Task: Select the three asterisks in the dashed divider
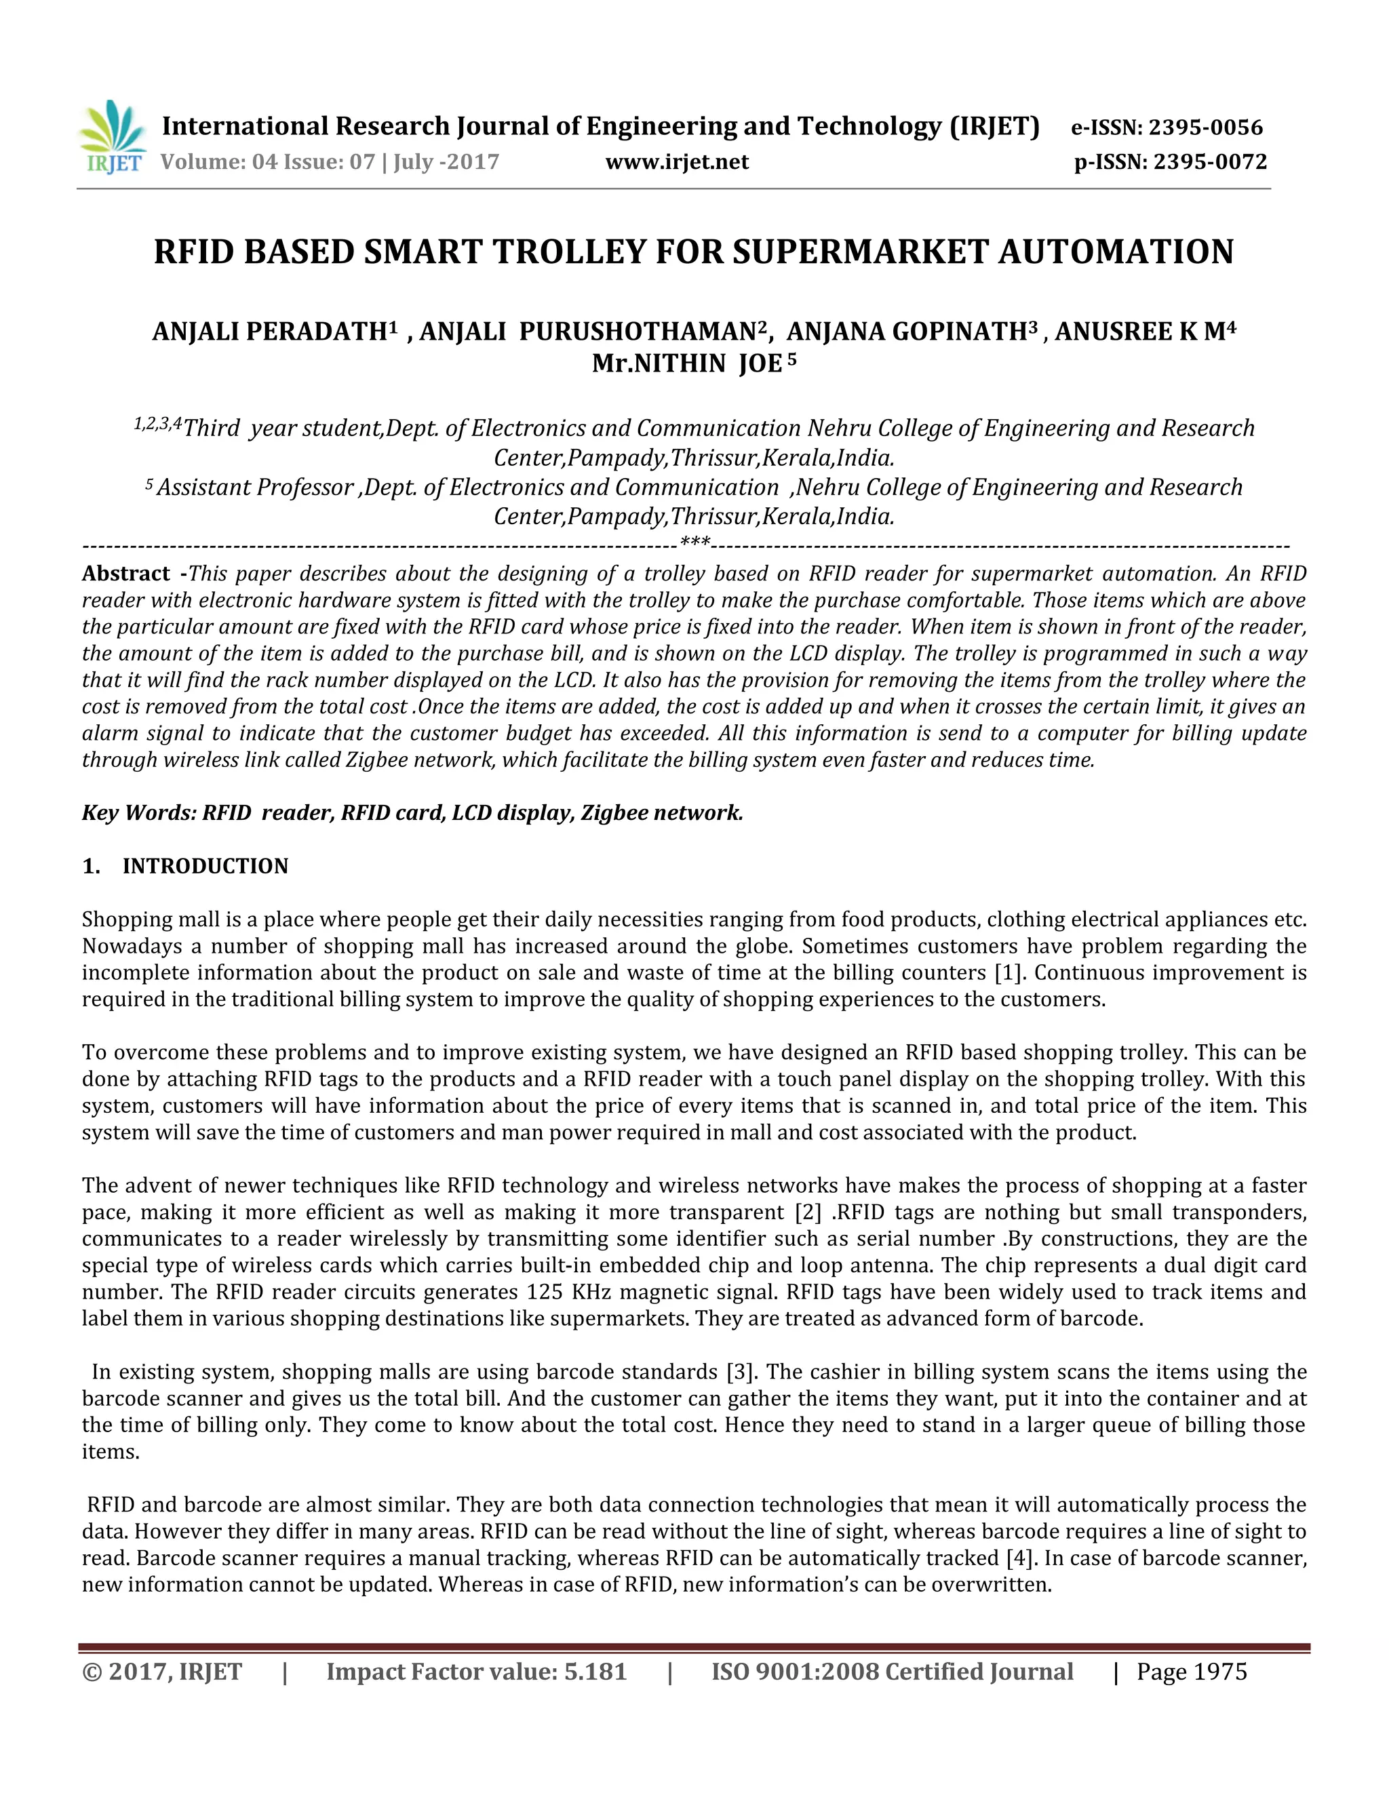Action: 694,542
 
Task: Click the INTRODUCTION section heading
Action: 205,867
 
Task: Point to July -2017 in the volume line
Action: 446,162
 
